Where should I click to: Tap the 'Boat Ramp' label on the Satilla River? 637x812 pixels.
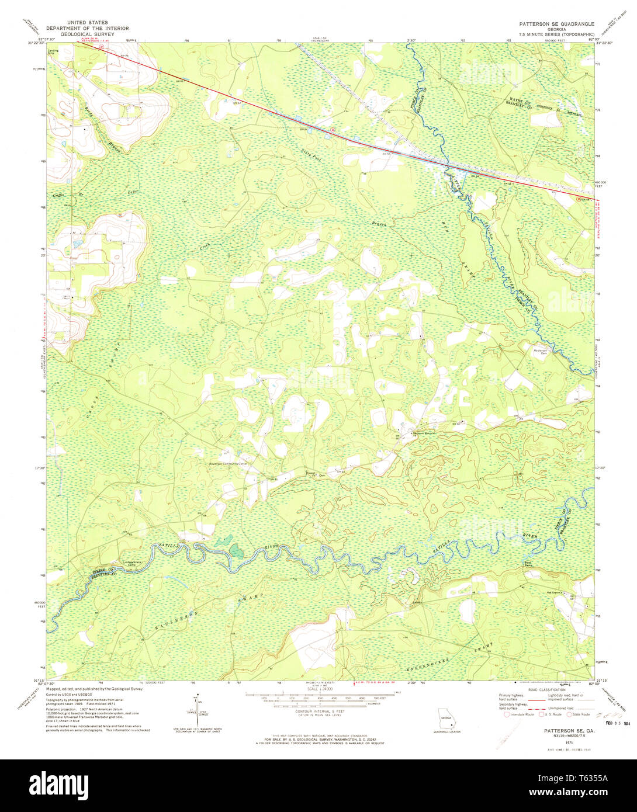pos(528,564)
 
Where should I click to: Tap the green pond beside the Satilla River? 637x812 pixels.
pos(236,550)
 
